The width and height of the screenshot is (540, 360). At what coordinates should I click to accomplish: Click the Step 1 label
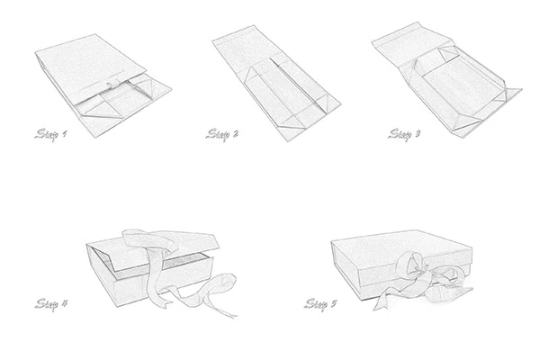[x=50, y=134]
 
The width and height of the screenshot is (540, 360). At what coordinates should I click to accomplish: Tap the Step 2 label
[x=221, y=134]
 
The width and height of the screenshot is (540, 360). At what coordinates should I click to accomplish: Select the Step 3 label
[x=404, y=134]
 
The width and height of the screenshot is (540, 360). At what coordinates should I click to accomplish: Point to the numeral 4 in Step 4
[x=64, y=303]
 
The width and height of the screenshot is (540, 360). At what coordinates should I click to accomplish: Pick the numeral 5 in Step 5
[x=333, y=303]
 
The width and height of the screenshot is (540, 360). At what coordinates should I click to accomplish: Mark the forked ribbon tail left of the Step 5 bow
[x=384, y=301]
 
